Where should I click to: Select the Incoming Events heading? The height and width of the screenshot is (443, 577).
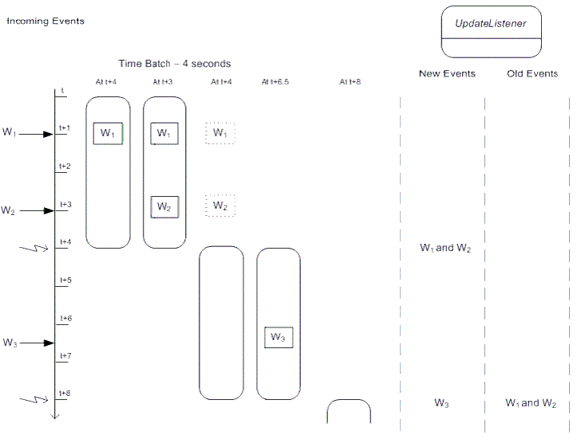pyautogui.click(x=45, y=21)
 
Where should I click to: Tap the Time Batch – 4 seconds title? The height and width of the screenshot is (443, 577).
pyautogui.click(x=175, y=64)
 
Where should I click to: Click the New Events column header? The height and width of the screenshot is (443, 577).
pyautogui.click(x=447, y=74)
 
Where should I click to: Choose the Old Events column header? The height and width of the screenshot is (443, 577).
pyautogui.click(x=532, y=74)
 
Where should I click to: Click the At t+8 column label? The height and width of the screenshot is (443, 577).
pyautogui.click(x=350, y=82)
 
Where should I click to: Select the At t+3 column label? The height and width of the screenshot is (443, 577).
pyautogui.click(x=164, y=82)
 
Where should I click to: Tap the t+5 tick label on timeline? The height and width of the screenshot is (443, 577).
pyautogui.click(x=65, y=280)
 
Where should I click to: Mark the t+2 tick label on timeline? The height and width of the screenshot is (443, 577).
pyautogui.click(x=65, y=167)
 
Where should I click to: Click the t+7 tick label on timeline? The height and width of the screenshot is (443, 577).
pyautogui.click(x=65, y=355)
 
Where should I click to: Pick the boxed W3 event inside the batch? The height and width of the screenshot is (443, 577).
pyautogui.click(x=278, y=337)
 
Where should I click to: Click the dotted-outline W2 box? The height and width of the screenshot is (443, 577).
pyautogui.click(x=220, y=206)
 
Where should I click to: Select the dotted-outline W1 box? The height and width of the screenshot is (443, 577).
pyautogui.click(x=220, y=133)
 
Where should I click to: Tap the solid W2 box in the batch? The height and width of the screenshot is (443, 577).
pyautogui.click(x=164, y=206)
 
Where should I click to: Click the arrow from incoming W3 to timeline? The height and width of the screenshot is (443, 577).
pyautogui.click(x=37, y=343)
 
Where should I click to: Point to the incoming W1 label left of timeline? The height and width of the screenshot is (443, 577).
pyautogui.click(x=9, y=132)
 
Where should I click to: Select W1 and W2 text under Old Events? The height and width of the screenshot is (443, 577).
pyautogui.click(x=531, y=403)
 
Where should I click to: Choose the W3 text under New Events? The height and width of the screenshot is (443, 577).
pyautogui.click(x=442, y=403)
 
